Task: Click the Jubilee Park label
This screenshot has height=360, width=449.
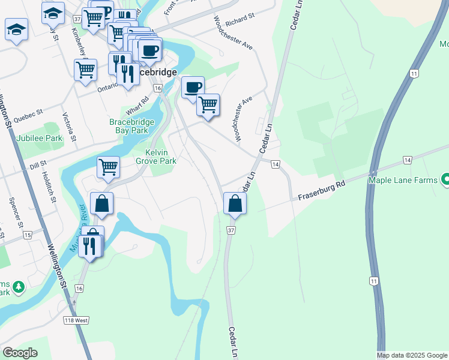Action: [x=40, y=138]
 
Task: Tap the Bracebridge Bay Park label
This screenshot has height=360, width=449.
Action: [x=131, y=126]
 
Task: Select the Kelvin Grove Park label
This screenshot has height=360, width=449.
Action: [x=155, y=157]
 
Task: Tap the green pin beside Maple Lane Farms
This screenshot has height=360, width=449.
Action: [x=445, y=179]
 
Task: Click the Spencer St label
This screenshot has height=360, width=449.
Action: [x=15, y=208]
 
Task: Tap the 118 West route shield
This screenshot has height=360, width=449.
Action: [x=76, y=320]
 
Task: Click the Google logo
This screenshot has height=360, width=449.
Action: [x=20, y=352]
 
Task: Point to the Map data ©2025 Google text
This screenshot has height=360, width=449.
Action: [x=412, y=355]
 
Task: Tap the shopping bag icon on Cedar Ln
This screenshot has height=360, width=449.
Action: [x=234, y=203]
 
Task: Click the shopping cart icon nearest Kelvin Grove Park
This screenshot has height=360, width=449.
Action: [x=108, y=167]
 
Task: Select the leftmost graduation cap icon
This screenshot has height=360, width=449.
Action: [x=16, y=29]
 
